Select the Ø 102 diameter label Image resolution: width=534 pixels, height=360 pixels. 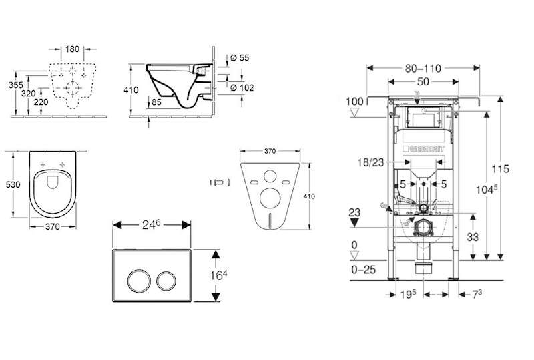click(x=242, y=87)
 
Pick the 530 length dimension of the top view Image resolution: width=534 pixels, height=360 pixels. click(x=12, y=182)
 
